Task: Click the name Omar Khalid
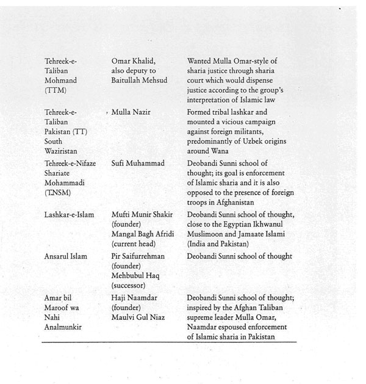134,60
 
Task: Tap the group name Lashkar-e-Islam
68,215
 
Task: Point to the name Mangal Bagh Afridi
143,234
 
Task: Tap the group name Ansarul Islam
65,258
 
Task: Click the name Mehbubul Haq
137,277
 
